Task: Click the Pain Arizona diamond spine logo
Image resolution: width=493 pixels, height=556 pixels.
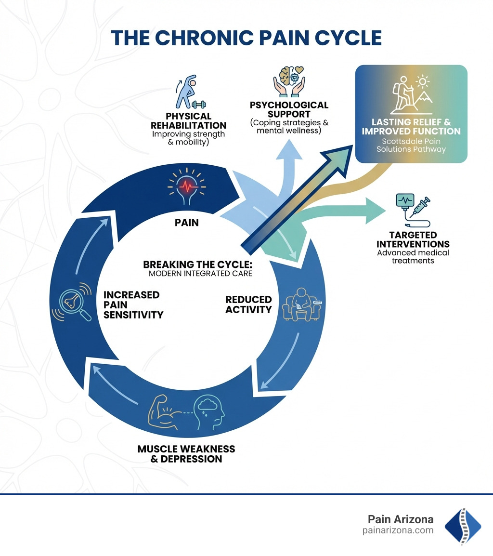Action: click(463, 526)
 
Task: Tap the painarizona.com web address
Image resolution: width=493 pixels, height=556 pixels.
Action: click(398, 530)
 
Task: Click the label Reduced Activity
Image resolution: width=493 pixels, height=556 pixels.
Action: click(248, 304)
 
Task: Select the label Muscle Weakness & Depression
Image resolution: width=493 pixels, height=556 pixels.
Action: click(186, 454)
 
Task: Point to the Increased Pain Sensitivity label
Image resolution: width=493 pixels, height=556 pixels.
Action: click(133, 304)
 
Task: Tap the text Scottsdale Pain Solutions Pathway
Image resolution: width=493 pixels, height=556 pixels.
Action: click(411, 145)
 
